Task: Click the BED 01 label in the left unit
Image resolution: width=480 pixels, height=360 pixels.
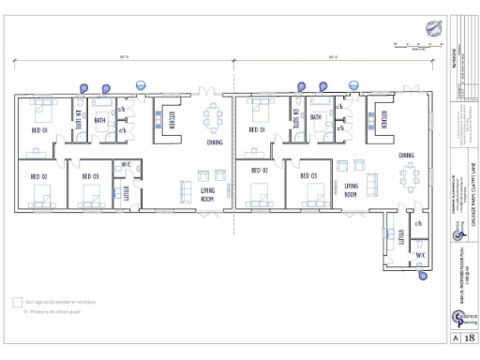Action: click(39, 131)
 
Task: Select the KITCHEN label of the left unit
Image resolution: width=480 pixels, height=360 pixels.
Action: click(172, 121)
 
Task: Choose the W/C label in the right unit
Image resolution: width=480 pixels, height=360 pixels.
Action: click(419, 255)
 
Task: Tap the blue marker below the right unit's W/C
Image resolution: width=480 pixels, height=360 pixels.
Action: click(422, 277)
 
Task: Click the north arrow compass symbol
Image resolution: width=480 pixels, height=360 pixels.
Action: click(434, 29)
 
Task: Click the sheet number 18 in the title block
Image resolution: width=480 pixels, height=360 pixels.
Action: click(469, 337)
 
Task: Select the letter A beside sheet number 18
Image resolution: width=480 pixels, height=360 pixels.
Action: click(456, 337)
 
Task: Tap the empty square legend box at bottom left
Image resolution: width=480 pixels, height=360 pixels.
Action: click(17, 302)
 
